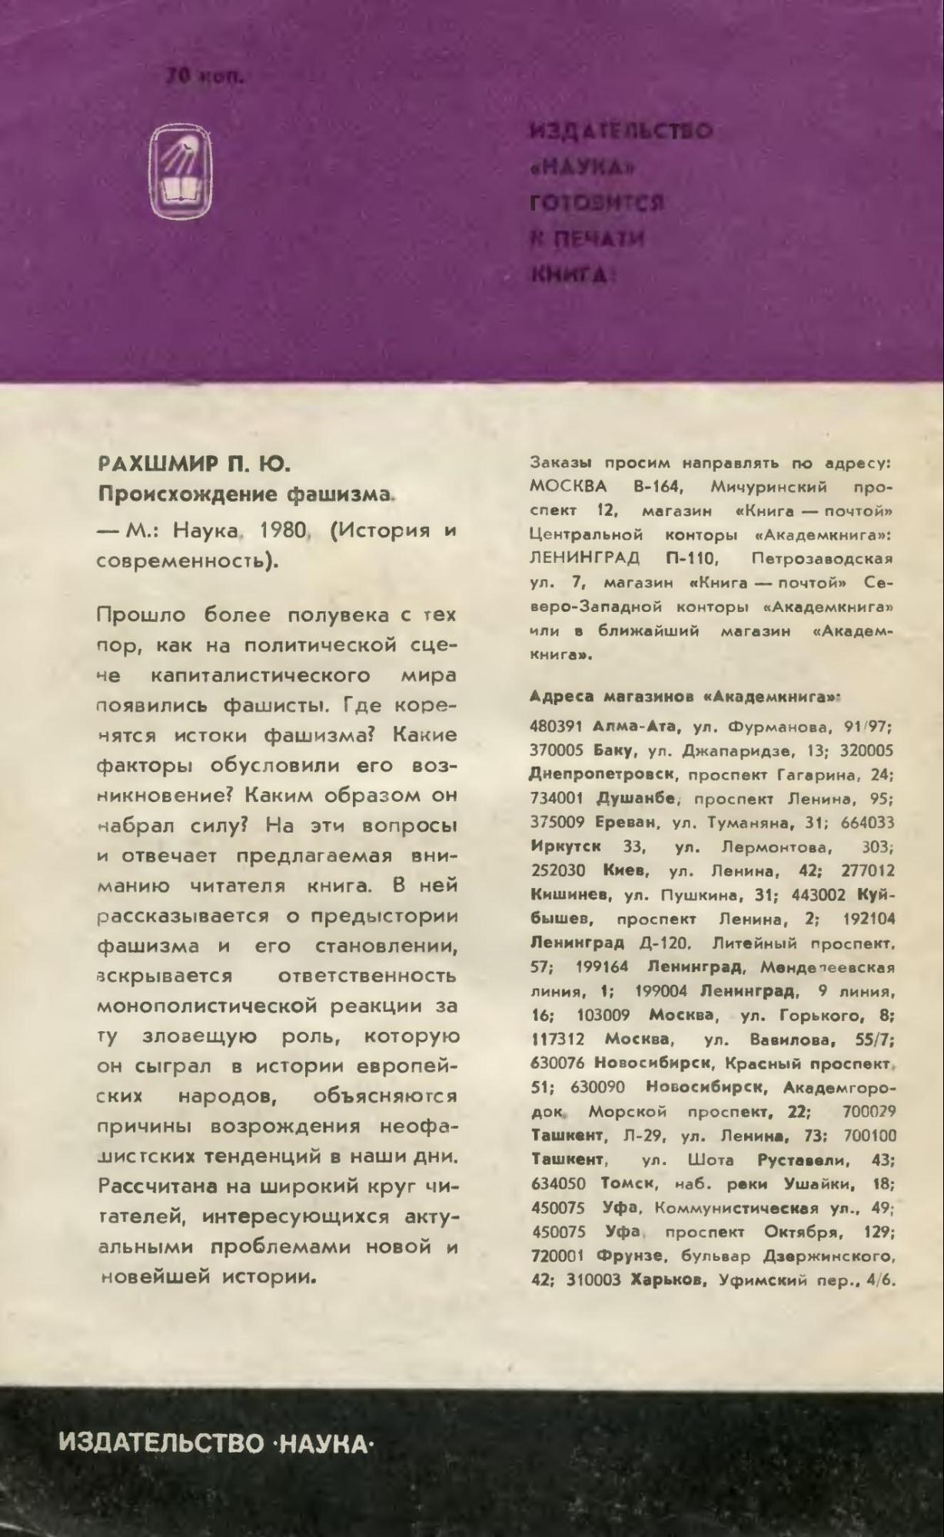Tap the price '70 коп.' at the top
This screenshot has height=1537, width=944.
point(204,77)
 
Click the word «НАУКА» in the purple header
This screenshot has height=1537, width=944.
point(585,167)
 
